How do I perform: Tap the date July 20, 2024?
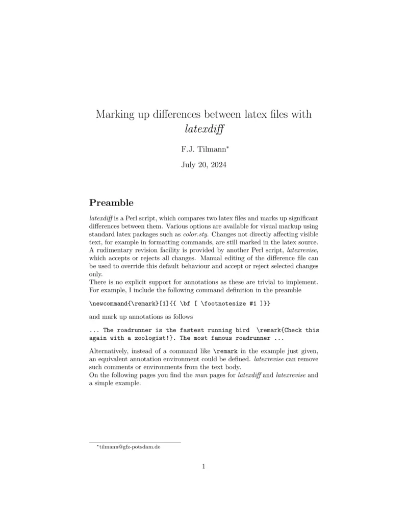pos(203,165)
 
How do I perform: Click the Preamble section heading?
pos(111,203)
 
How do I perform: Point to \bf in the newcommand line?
pos(181,304)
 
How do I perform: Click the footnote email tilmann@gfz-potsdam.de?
pos(129,447)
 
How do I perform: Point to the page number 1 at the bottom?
pos(203,466)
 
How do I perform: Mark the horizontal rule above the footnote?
pos(135,441)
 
